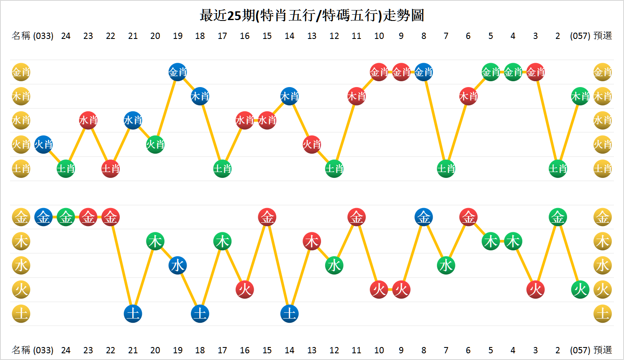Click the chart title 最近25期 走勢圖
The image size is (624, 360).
point(312,15)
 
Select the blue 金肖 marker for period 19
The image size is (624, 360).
point(178,72)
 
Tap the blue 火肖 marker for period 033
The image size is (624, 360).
point(44,145)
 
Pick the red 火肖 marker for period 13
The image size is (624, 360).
point(312,145)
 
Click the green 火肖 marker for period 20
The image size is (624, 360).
point(155,145)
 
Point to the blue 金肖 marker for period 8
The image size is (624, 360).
point(424,72)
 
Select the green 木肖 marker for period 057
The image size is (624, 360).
point(580,97)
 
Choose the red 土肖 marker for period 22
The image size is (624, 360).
point(110,169)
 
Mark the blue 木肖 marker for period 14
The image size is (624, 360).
point(290,97)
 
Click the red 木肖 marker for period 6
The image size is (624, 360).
point(468,97)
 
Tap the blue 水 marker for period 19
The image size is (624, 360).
point(178,265)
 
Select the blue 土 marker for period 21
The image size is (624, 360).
point(133,314)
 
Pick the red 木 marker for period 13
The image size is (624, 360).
point(312,242)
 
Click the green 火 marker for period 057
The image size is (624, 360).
point(580,290)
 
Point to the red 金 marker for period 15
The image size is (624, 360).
point(267,217)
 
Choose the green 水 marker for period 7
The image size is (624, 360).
point(446,265)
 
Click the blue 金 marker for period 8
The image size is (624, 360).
point(424,217)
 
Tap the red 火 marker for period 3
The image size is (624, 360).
point(535,290)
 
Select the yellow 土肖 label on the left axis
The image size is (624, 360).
point(21,169)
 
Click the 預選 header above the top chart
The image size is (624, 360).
point(603,36)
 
